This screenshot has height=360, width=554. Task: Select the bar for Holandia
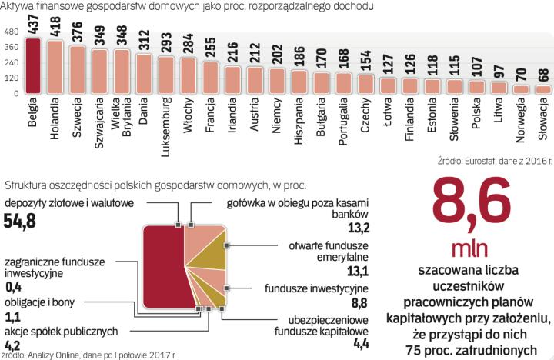(55, 68)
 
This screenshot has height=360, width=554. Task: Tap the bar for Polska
(476, 87)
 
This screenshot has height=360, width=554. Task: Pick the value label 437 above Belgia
(32, 26)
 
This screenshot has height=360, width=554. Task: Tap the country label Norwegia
(521, 124)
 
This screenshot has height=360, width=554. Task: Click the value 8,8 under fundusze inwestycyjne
(359, 302)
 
